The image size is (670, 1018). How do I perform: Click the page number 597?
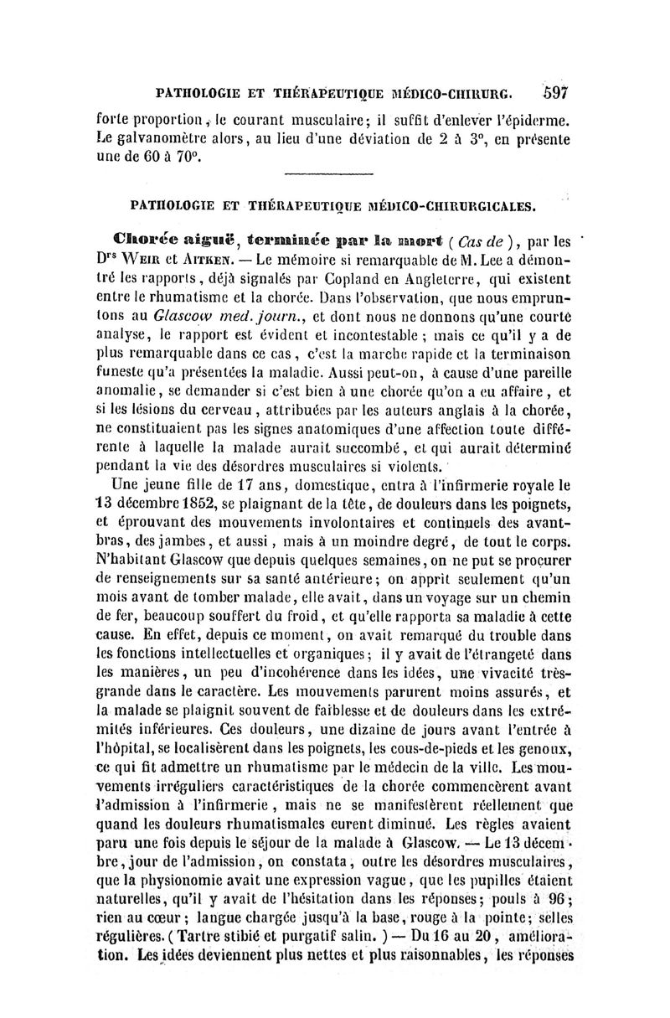point(555,92)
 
